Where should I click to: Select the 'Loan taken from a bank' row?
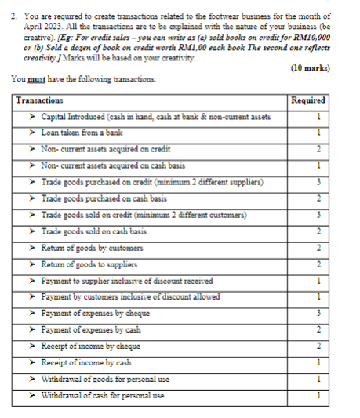pos(82,133)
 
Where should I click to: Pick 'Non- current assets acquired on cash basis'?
pos(113,165)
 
